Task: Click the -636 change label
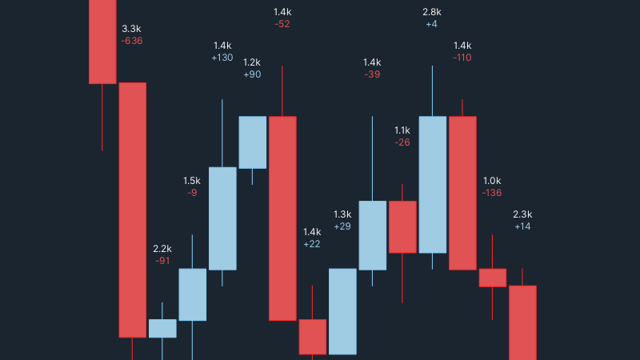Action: pos(132,41)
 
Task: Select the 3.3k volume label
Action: pos(132,28)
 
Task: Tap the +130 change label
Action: pos(222,58)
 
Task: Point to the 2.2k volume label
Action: pos(162,248)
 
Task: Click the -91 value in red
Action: pos(162,261)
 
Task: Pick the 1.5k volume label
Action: pos(192,181)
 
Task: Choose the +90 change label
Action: pos(252,74)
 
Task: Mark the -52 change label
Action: pos(282,24)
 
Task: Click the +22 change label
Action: pos(312,244)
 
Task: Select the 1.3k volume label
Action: pos(342,214)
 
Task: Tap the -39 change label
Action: pos(372,74)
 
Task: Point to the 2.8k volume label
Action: pos(432,12)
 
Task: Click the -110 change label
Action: pos(462,58)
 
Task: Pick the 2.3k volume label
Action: pos(522,214)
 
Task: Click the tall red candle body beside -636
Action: pos(133,210)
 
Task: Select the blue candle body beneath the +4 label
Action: pos(433,184)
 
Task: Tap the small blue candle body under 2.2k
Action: pos(162,328)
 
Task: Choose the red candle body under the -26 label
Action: pos(402,227)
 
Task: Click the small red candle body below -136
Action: pos(493,278)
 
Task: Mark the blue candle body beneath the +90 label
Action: pos(253,142)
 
